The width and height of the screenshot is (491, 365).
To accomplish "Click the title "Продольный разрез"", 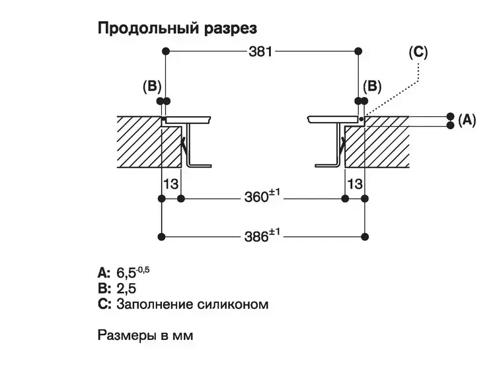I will pos(176,28).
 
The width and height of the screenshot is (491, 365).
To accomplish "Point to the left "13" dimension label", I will pos(170,183).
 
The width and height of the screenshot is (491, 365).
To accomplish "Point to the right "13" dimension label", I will pos(354,183).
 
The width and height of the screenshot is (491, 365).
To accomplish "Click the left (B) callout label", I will pos(151,86).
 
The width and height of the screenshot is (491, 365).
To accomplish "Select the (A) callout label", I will pos(467,119).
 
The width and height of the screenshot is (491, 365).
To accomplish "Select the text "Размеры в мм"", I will pos(145,335).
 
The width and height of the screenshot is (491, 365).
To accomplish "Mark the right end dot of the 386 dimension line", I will pos(365,236).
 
